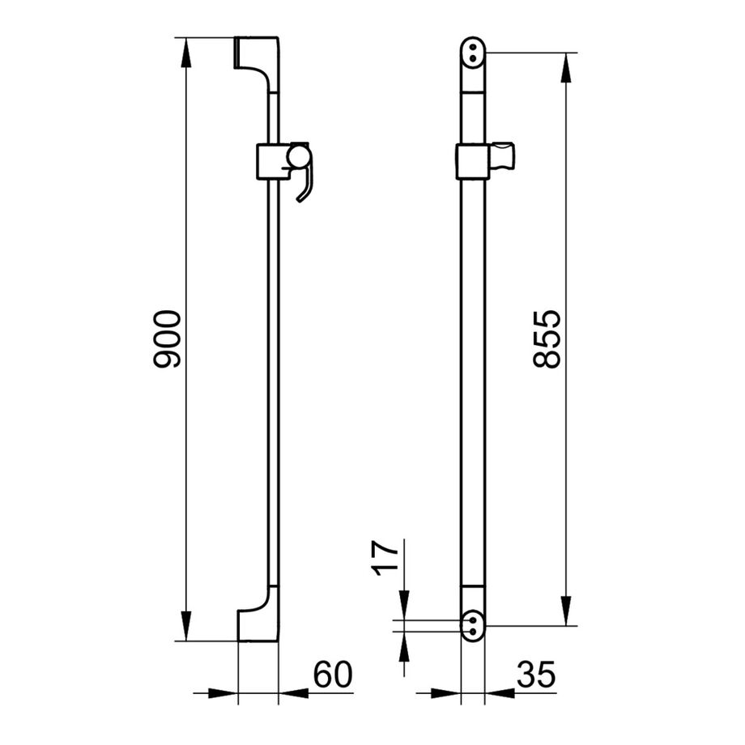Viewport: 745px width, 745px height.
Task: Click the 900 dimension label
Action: tap(168, 338)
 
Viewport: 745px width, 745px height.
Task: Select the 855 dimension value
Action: tap(547, 339)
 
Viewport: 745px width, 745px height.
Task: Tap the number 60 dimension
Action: tap(333, 675)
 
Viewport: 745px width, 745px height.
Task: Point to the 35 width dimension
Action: tap(536, 675)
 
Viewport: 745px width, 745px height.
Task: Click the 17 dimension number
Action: tap(385, 558)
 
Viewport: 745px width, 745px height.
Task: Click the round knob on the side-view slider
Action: tap(297, 157)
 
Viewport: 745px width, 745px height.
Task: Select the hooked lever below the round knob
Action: tap(305, 185)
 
